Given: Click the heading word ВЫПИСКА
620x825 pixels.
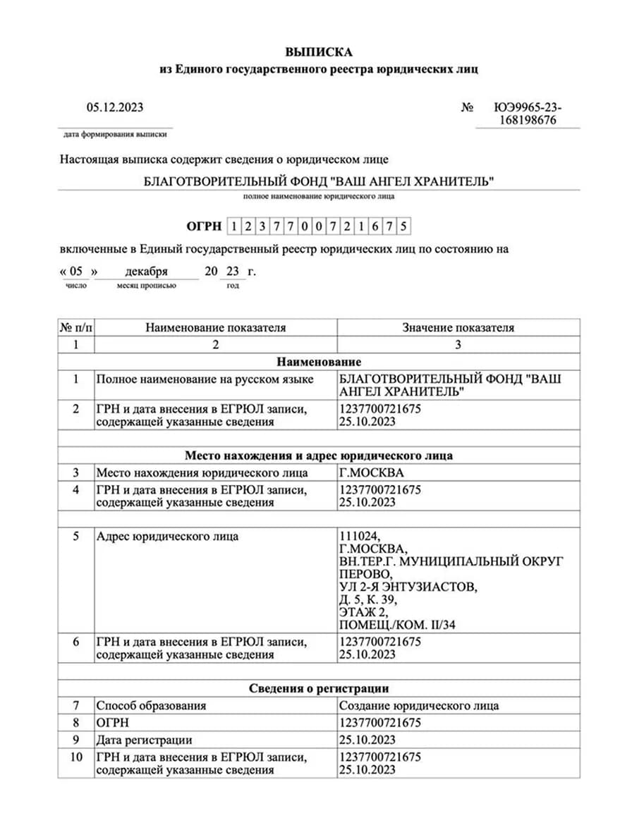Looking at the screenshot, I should click(x=318, y=52).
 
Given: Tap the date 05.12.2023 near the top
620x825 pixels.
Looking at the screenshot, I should click(x=115, y=107).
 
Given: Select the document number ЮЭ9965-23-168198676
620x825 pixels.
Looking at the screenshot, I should click(x=528, y=114).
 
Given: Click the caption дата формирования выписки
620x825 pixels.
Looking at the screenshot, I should click(x=115, y=134).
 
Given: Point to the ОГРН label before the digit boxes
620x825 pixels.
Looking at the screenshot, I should click(x=203, y=226).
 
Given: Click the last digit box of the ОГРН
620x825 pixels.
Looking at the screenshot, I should click(x=403, y=226).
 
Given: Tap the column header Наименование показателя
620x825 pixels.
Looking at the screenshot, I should click(x=215, y=328).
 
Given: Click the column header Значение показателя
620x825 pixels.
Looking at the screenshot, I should click(x=458, y=328).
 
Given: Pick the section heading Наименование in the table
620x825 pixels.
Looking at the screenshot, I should click(x=319, y=362).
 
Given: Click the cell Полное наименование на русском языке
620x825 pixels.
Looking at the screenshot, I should click(x=205, y=379).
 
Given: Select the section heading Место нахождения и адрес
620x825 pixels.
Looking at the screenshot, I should click(x=319, y=456).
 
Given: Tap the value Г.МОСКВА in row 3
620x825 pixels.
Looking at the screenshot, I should click(x=372, y=472).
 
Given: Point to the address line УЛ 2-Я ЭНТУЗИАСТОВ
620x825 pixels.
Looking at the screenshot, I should click(x=408, y=587).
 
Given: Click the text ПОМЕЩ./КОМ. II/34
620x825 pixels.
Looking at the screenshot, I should click(x=402, y=625).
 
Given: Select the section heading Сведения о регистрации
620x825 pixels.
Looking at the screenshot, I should click(x=319, y=688).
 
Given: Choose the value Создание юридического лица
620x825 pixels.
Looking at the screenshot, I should click(x=419, y=706).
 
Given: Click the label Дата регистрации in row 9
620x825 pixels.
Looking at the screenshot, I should click(x=144, y=740).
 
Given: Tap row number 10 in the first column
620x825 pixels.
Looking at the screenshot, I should click(x=75, y=757).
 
